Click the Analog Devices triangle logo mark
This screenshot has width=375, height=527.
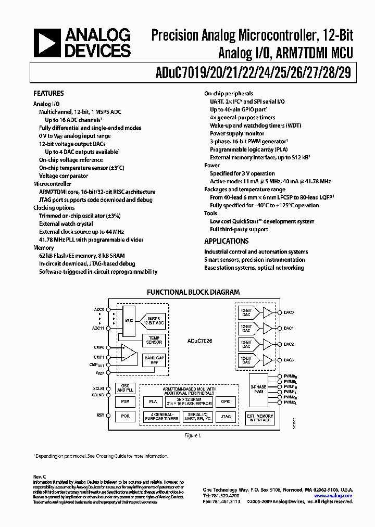46,43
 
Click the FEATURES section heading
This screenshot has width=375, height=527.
48,94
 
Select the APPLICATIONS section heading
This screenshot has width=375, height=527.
226,241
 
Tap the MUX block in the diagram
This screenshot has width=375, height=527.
128,322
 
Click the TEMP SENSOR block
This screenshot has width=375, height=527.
154,340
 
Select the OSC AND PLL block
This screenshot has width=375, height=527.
124,388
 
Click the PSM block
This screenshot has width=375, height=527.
124,401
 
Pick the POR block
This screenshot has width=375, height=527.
124,416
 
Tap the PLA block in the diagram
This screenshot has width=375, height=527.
153,401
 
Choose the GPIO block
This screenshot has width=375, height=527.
226,401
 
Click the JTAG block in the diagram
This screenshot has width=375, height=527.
226,416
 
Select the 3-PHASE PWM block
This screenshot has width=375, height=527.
259,389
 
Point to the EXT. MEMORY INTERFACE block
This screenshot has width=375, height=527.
260,418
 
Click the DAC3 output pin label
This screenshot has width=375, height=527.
289,360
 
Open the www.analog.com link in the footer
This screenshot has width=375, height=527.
338,496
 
